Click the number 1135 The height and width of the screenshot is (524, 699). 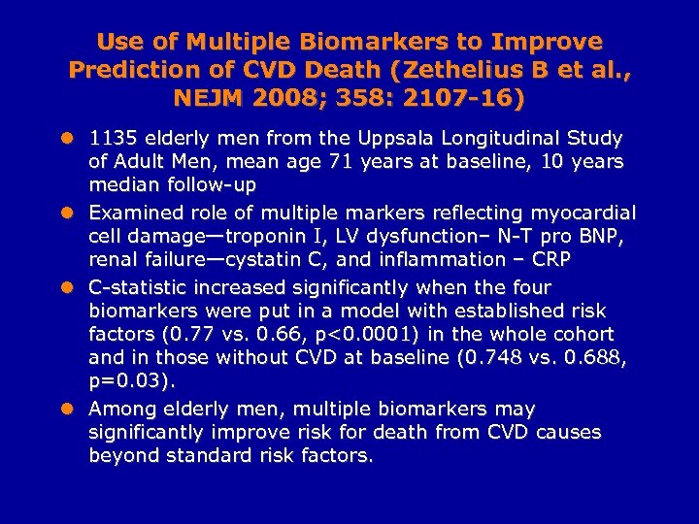point(115,139)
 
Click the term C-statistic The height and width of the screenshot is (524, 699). point(146,287)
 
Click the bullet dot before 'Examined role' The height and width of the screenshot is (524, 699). point(66,213)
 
